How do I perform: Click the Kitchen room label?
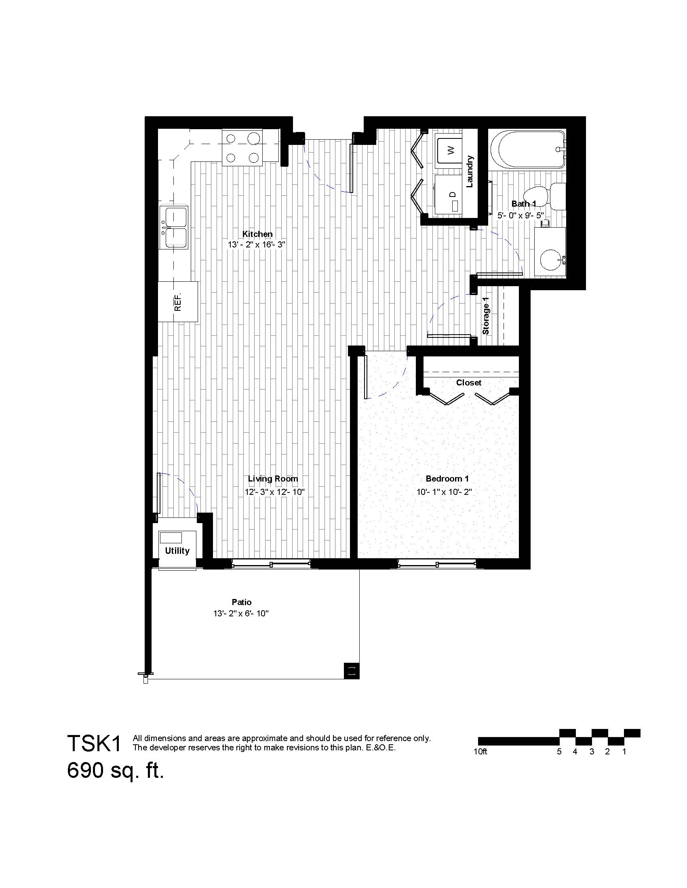pyautogui.click(x=257, y=234)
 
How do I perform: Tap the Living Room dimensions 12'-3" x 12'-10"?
pyautogui.click(x=275, y=492)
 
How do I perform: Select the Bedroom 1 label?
pyautogui.click(x=447, y=479)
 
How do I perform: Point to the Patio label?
pyautogui.click(x=242, y=602)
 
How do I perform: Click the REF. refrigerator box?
pyautogui.click(x=178, y=302)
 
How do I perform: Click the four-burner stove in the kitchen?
pyautogui.click(x=242, y=148)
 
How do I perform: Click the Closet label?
pyautogui.click(x=468, y=383)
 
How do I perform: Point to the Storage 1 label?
pyautogui.click(x=485, y=316)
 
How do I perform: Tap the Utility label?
pyautogui.click(x=177, y=551)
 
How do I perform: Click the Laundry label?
pyautogui.click(x=470, y=171)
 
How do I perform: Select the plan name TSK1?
pyautogui.click(x=95, y=743)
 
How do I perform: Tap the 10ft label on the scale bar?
pyautogui.click(x=480, y=752)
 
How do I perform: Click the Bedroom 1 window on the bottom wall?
pyautogui.click(x=437, y=563)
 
